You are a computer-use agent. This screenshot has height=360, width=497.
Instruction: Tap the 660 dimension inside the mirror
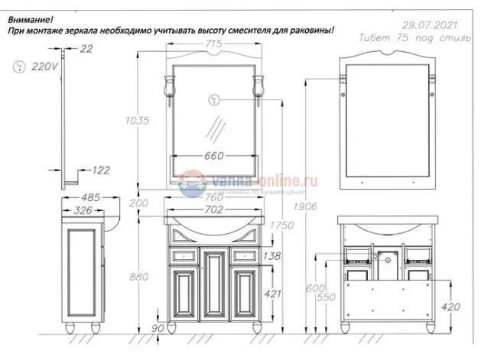click(x=214, y=156)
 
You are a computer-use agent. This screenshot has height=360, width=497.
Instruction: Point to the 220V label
click(x=45, y=67)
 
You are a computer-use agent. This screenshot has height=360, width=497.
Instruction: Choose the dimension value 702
click(x=214, y=209)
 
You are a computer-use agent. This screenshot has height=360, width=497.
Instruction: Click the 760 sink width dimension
click(x=214, y=196)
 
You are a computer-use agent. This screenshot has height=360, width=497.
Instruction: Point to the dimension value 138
click(x=271, y=257)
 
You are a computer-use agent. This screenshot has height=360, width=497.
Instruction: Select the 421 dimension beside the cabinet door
click(x=271, y=294)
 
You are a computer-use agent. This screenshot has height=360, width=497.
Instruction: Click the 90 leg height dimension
click(x=158, y=329)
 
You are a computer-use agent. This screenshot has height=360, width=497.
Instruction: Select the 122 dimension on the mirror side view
click(x=101, y=170)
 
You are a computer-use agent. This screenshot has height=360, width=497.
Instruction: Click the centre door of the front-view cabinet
click(x=214, y=286)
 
